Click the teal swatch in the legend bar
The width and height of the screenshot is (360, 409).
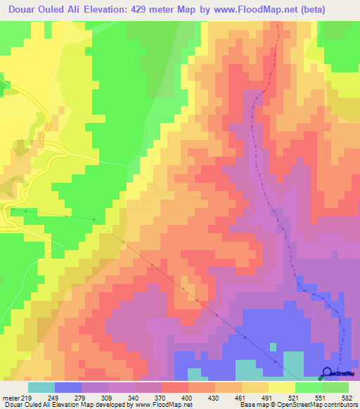tap(41, 387)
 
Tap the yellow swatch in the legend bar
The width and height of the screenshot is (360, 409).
tap(282, 387)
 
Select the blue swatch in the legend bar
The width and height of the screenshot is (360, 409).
tap(68, 387)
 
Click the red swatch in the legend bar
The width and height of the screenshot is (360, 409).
tap(175, 387)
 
